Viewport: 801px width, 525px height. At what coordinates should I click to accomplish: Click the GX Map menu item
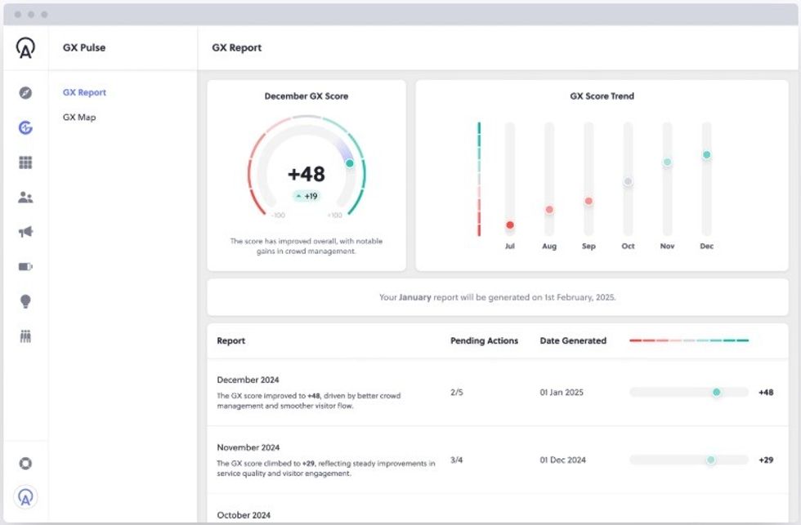point(79,118)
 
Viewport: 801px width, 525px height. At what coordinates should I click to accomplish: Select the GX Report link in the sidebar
point(84,92)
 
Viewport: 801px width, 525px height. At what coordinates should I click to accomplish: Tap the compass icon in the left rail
point(25,93)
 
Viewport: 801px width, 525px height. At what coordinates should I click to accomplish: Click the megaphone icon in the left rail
point(25,232)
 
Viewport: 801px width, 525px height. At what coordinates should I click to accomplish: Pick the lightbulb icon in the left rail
point(25,301)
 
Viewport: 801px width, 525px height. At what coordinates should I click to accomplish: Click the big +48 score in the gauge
point(307,174)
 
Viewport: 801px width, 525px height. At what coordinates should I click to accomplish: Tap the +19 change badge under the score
point(307,196)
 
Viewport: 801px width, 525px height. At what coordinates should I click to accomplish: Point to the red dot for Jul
point(510,225)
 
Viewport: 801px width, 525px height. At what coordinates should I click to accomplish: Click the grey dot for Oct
point(628,181)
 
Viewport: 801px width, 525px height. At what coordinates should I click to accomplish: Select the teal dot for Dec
point(706,155)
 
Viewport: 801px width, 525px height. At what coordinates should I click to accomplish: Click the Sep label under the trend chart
point(588,246)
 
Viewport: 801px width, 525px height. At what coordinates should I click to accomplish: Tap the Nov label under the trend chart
point(667,246)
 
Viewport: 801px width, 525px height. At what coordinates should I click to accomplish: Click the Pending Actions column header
point(484,340)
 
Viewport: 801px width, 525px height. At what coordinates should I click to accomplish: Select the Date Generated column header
point(573,340)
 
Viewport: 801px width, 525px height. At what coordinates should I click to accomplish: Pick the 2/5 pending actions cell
point(456,392)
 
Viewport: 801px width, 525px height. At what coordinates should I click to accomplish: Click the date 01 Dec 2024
point(562,460)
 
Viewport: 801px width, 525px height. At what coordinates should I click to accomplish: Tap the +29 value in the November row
point(766,460)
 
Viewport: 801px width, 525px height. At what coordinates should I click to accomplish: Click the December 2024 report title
point(248,380)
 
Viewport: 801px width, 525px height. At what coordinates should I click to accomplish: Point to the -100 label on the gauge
point(279,216)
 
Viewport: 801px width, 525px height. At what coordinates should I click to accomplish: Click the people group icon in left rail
point(25,198)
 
